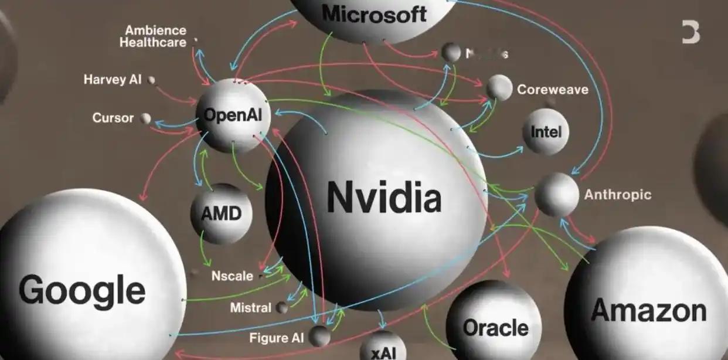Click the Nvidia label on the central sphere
[383, 198]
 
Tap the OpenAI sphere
[233, 116]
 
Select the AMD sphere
[221, 213]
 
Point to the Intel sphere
[546, 131]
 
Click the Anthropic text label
[618, 195]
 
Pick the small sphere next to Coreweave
[499, 87]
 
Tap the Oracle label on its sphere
[495, 327]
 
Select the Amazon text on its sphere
[648, 310]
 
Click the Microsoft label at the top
[375, 13]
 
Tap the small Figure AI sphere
[319, 336]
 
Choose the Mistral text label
[251, 308]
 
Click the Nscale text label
[232, 276]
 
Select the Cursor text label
[113, 118]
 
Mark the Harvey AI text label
[113, 80]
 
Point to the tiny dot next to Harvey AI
[152, 80]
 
